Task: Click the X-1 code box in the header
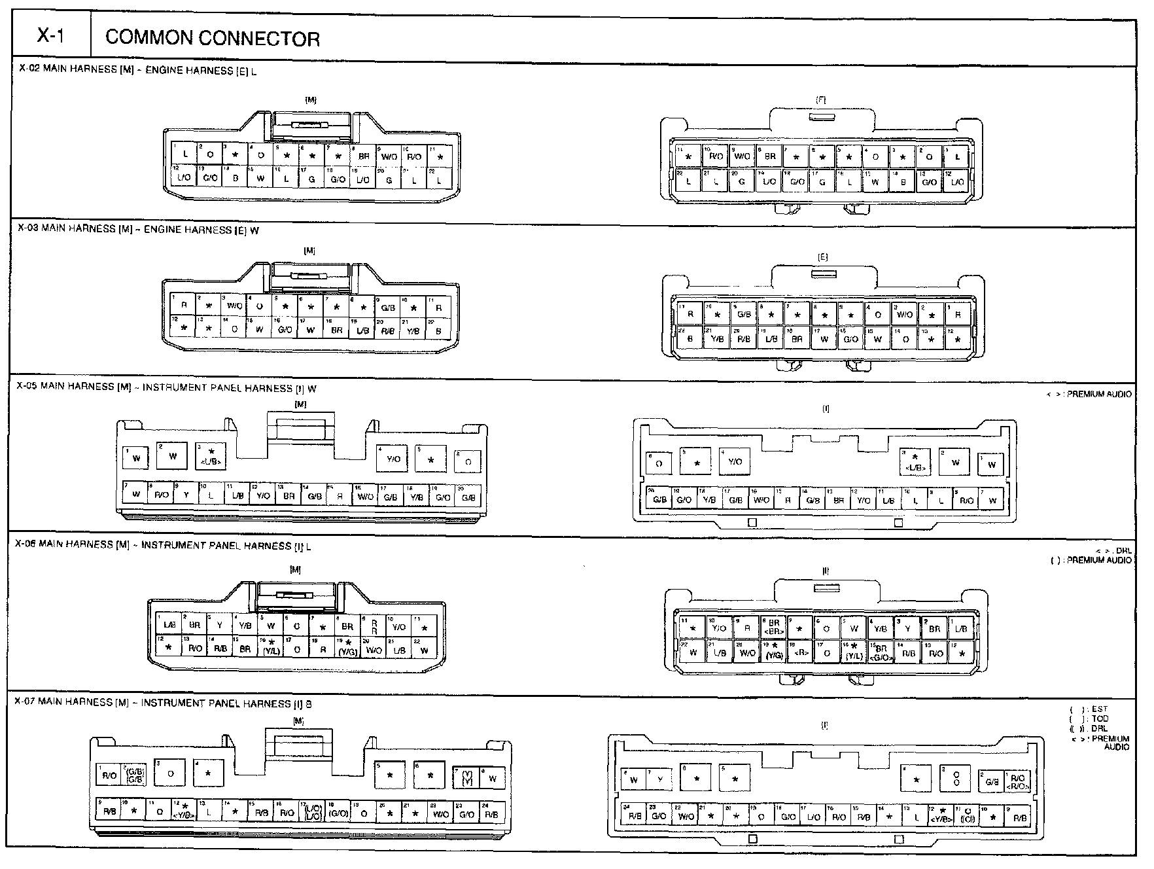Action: pos(50,37)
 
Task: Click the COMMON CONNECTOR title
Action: pos(213,39)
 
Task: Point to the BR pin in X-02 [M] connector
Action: pos(363,156)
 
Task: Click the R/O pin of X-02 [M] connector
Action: pos(414,156)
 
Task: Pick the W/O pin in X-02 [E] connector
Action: pos(742,156)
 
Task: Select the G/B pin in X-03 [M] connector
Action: pos(387,308)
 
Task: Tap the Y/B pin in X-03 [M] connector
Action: pos(413,330)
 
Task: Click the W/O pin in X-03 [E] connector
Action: pos(904,315)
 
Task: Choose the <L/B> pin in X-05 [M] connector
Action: pos(211,457)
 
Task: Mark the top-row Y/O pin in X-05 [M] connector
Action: pos(393,459)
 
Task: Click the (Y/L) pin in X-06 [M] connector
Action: pos(271,648)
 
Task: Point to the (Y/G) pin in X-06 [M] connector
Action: pos(347,648)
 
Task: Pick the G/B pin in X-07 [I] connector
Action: pos(992,781)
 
